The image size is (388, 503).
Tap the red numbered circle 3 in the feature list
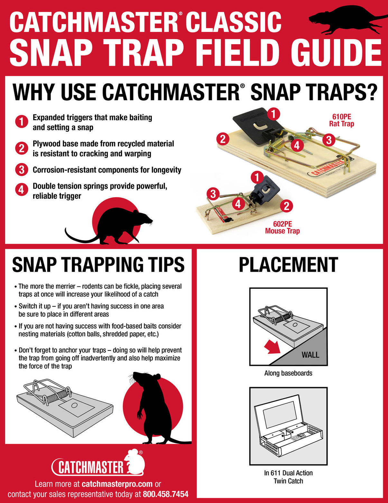(x=21, y=170)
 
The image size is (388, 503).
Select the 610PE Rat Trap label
(x=341, y=120)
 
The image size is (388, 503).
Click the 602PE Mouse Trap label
(x=282, y=227)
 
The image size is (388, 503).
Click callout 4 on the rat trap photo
(x=297, y=145)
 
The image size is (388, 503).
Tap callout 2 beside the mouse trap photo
(x=286, y=206)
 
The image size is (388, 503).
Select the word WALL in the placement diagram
(x=310, y=355)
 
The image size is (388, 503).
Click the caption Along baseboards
(x=288, y=373)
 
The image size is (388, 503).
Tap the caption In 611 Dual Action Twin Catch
(x=288, y=477)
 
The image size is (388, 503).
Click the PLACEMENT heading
(x=288, y=265)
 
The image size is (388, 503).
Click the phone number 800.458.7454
(x=165, y=494)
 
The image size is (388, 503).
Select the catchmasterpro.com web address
(x=117, y=484)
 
